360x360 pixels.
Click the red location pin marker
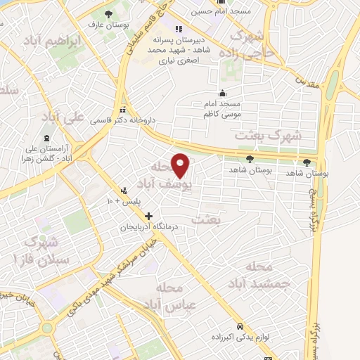(x=181, y=166)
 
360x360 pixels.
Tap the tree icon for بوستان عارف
(x=108, y=14)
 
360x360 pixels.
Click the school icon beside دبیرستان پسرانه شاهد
(x=179, y=29)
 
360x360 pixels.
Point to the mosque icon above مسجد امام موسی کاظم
(x=223, y=94)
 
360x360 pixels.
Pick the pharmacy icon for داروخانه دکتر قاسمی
(x=124, y=109)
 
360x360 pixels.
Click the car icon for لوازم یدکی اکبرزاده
(x=240, y=327)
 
